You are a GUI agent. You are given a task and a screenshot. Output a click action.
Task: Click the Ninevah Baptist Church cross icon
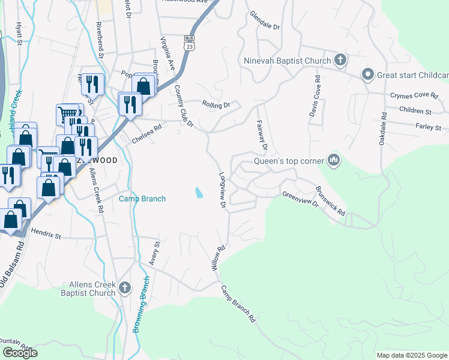[x=340, y=60]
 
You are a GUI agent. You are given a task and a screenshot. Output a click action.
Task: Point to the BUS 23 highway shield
[x=188, y=45]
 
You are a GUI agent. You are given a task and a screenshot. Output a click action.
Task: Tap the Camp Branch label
[x=142, y=199]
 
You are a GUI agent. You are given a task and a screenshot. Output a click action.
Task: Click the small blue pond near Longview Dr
[x=198, y=193]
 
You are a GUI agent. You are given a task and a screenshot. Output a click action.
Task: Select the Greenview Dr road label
[x=300, y=199]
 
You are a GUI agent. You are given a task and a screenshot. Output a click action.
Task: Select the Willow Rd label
[x=217, y=257]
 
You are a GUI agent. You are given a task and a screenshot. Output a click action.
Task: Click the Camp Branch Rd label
[x=237, y=304]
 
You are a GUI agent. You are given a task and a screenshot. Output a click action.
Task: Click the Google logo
[x=20, y=353]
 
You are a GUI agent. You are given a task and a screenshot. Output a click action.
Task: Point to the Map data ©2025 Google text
[x=411, y=355]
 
